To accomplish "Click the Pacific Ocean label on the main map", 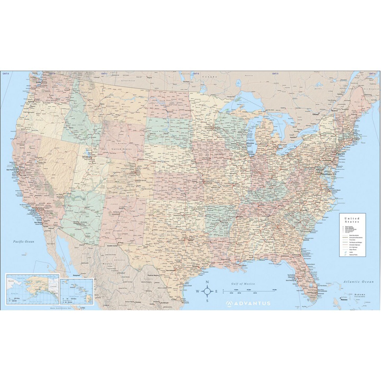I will click(24, 242).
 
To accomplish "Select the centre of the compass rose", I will click(207, 291).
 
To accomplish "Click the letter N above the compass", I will click(207, 282).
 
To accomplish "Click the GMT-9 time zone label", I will click(6, 73).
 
